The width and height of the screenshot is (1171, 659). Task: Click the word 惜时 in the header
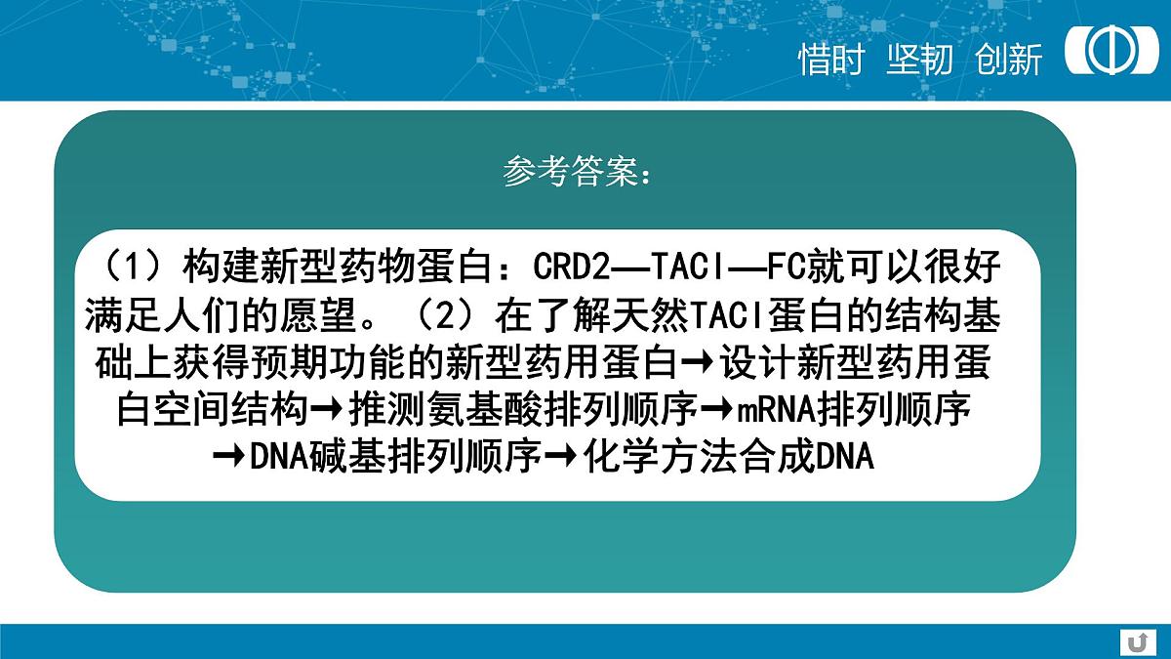pyautogui.click(x=831, y=60)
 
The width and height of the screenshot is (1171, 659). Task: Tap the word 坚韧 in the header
pyautogui.click(x=919, y=60)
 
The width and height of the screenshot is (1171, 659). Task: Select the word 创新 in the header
pyautogui.click(x=1009, y=60)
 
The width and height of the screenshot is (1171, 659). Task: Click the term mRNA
pyautogui.click(x=775, y=410)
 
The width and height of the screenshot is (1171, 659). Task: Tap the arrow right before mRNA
pyautogui.click(x=717, y=411)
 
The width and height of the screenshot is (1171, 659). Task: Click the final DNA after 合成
pyautogui.click(x=844, y=456)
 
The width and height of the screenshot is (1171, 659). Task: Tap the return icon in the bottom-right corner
pyautogui.click(x=1135, y=641)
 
